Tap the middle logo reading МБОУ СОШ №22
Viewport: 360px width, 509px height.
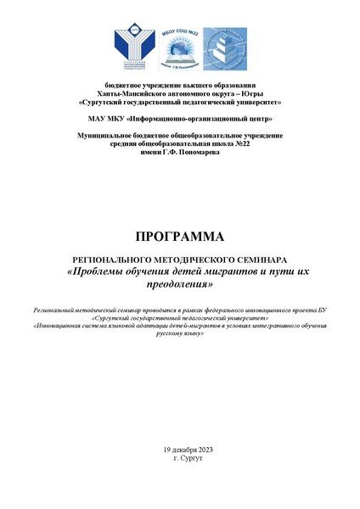tap(179, 48)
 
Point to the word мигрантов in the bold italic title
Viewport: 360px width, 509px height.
tap(226, 272)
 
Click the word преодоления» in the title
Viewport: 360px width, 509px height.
tap(179, 285)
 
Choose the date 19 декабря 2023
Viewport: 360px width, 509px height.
tap(179, 447)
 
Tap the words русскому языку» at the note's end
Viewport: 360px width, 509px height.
tap(179, 335)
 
